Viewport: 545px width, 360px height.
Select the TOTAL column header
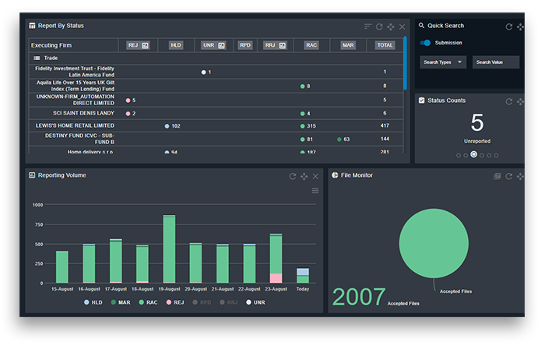click(385, 45)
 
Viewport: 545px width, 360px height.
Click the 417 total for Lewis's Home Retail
click(385, 125)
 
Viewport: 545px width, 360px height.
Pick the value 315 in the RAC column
click(311, 125)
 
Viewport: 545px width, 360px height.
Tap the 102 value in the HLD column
click(175, 125)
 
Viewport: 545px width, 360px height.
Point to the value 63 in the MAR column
click(346, 139)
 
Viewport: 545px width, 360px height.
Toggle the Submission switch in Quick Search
click(426, 43)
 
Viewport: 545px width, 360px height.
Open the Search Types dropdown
click(442, 62)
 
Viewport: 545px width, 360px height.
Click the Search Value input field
click(496, 62)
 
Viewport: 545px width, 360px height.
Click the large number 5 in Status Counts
click(476, 123)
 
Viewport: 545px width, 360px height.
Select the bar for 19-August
click(169, 249)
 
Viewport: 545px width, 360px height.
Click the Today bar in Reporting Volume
click(303, 275)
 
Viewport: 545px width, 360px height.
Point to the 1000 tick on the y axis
click(37, 205)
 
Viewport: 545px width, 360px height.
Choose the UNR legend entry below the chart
click(255, 302)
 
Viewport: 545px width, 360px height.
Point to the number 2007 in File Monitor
click(359, 297)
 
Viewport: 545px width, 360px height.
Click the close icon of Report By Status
click(402, 26)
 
